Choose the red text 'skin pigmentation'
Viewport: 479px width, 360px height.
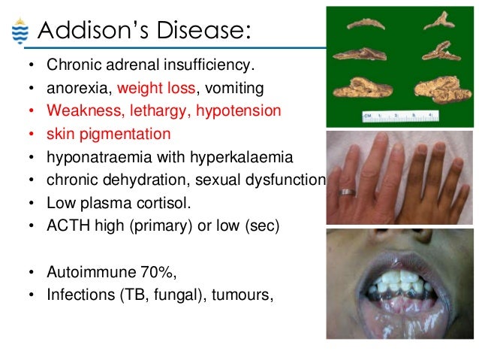pos(108,134)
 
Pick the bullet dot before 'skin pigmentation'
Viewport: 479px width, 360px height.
pos(31,135)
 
